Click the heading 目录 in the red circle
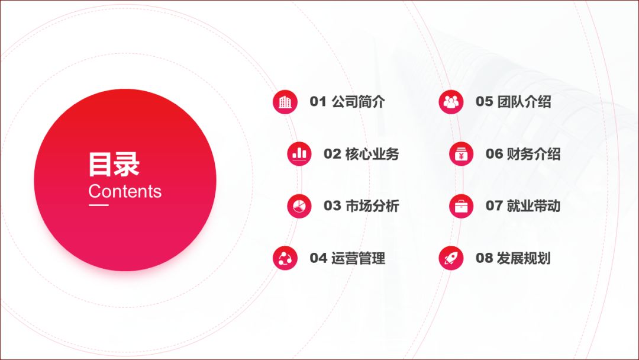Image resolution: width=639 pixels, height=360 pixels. pos(114,164)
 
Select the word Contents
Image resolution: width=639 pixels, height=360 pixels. pos(125,191)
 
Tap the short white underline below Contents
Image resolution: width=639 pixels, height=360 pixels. pos(99,205)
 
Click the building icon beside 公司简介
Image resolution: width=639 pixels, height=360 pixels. pos(285,102)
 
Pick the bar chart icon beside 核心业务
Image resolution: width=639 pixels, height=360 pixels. pos(299,154)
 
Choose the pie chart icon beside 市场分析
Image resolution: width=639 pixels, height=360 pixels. pos(299,206)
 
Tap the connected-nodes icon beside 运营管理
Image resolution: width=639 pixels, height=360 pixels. pos(285,258)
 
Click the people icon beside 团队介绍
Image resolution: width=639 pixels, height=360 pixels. pos(451,102)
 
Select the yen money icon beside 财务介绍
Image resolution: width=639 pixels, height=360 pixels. pos(461,154)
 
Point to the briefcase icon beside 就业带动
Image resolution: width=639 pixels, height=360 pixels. pos(461,206)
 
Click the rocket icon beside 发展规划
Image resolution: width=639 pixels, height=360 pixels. pos(451,258)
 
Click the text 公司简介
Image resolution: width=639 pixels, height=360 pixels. pos(358,101)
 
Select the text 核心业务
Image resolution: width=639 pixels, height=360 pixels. pos(372,154)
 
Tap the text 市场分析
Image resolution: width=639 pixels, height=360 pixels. pos(372,206)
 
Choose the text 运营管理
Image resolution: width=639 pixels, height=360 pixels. pos(358,258)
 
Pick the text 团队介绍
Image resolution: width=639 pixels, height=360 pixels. pos(524,101)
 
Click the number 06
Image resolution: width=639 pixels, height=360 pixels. pos(494,154)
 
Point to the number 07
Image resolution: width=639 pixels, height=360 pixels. pos(494,206)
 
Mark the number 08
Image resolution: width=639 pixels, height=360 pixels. pos(484,258)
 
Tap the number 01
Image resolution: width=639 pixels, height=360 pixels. pos(318,101)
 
